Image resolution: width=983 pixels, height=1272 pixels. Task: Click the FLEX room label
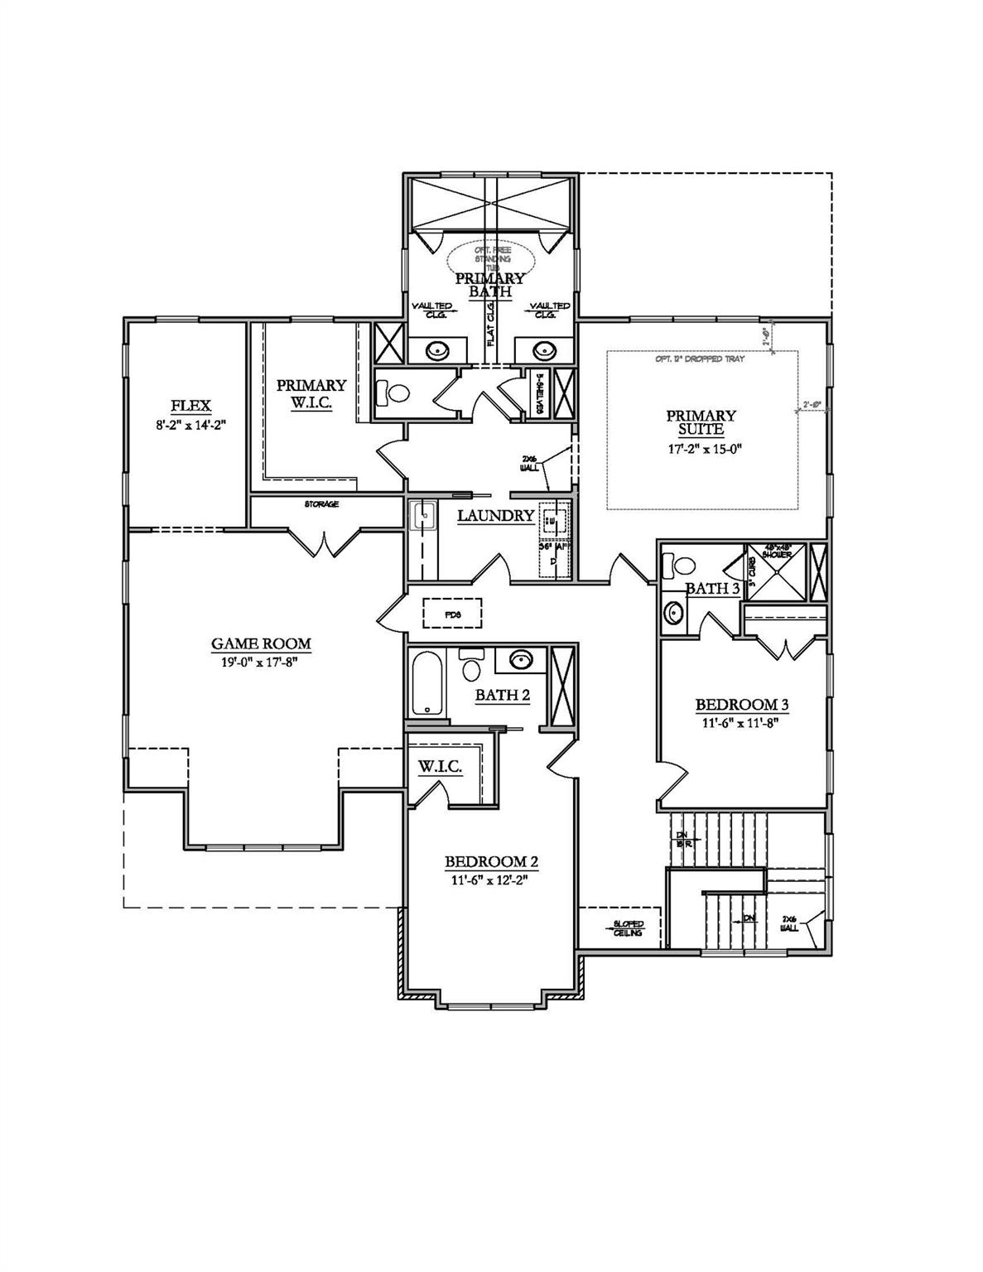pos(190,406)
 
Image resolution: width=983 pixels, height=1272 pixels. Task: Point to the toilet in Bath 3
pos(682,566)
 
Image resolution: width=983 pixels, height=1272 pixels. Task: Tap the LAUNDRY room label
pos(495,516)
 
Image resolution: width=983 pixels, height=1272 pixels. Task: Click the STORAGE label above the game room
pos(321,503)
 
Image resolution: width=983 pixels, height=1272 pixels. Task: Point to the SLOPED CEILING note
pos(628,928)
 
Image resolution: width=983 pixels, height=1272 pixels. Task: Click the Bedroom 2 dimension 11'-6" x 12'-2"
pos(491,879)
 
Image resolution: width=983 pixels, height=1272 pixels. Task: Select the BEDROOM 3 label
pos(741,705)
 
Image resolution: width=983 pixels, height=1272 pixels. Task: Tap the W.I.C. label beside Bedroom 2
pos(439,768)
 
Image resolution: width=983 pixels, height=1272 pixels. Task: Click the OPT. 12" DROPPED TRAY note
pos(700,359)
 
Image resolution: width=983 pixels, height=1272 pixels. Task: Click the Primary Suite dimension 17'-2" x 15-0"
pos(701,448)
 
